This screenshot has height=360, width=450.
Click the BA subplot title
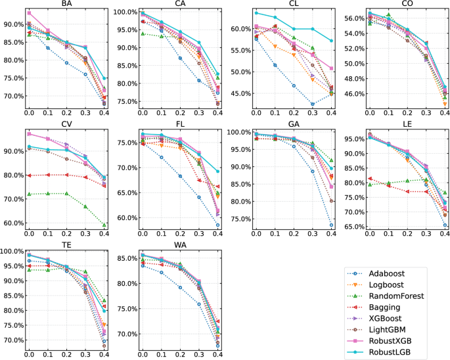point(66,4)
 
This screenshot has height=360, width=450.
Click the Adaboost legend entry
point(388,271)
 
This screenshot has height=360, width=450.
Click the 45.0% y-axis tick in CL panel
point(240,93)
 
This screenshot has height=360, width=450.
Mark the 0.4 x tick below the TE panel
point(104,354)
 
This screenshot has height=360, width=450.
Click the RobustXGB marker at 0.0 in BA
point(29,13)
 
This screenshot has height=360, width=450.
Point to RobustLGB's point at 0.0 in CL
point(256,12)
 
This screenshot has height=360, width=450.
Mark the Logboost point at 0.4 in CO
point(445,104)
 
